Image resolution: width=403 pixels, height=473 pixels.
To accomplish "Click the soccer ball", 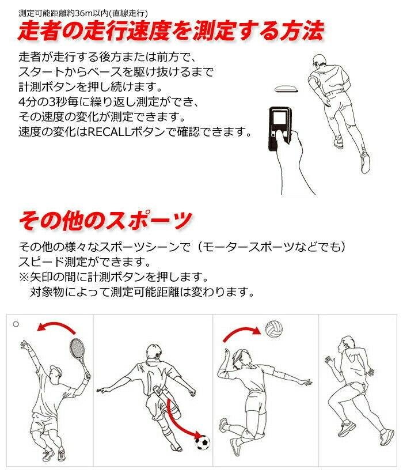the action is tap(202, 442).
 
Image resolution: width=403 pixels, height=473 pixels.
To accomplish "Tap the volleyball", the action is tap(274, 330).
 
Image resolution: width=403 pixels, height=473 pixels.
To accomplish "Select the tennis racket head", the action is tap(77, 349).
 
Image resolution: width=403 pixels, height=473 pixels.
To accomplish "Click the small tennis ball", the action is tap(16, 324).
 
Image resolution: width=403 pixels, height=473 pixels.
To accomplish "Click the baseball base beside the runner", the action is tap(286, 89).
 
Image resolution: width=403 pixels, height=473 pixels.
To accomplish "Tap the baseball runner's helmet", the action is tap(319, 60).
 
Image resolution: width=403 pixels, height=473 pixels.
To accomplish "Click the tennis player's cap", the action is tap(56, 369).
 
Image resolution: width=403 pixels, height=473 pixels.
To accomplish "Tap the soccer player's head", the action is tap(154, 353).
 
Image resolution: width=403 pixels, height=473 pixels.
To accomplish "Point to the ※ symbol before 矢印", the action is tap(24, 277).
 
